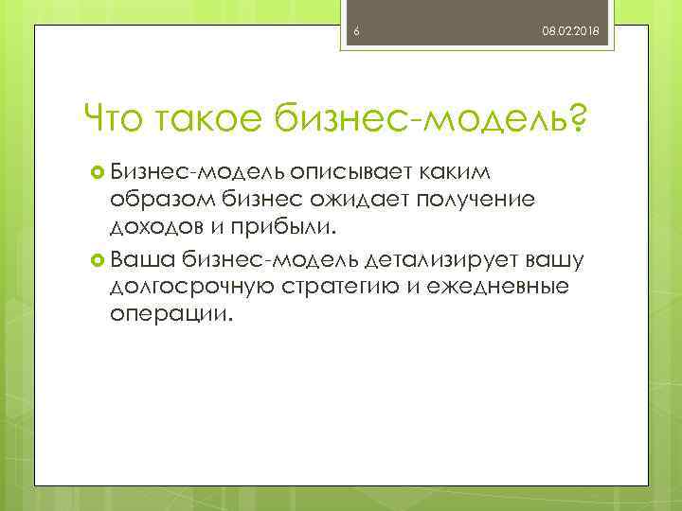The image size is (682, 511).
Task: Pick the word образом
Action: [x=163, y=201]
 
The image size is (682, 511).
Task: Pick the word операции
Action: [x=170, y=314]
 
